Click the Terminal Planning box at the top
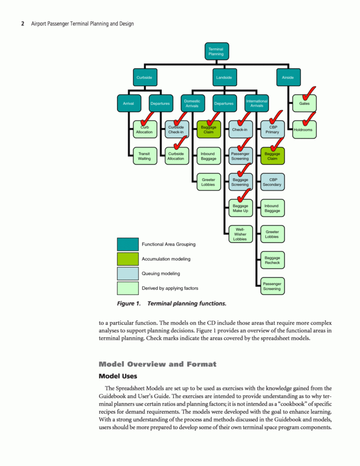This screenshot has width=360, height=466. [x=216, y=51]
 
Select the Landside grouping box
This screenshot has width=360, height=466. [x=224, y=77]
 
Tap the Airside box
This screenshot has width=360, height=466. [x=288, y=77]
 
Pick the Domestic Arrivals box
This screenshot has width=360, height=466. [x=192, y=103]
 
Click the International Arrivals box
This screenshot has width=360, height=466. [x=256, y=103]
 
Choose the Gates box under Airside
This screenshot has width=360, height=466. [x=304, y=103]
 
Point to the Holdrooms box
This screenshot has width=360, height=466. [x=304, y=130]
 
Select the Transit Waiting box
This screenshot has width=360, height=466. [x=144, y=156]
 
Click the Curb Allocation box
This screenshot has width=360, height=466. [x=144, y=130]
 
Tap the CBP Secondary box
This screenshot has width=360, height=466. [x=272, y=182]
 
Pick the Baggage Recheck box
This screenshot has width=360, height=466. [x=272, y=260]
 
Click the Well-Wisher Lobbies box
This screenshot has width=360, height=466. [x=240, y=234]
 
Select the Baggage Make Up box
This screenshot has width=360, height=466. [x=240, y=208]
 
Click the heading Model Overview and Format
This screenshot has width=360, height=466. [x=157, y=364]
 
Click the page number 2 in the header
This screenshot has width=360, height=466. [x=23, y=24]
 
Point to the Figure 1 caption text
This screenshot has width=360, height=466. [x=171, y=304]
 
